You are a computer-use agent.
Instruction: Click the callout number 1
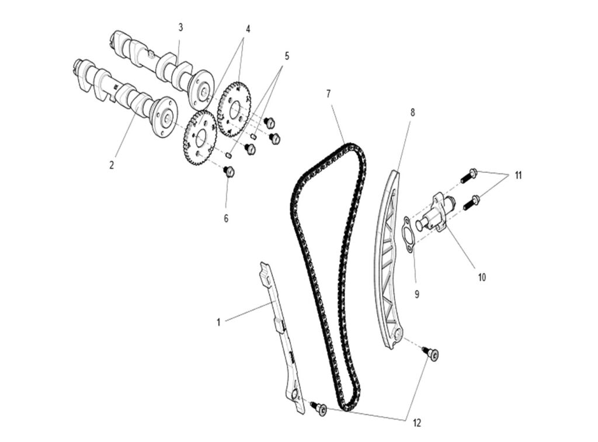[218, 323]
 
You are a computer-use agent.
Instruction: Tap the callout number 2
[112, 165]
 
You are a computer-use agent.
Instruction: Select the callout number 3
[180, 27]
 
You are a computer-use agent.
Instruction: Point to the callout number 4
[248, 29]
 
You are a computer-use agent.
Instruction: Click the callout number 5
[287, 56]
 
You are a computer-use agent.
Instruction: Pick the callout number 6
[226, 218]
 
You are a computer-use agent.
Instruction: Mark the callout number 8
[412, 113]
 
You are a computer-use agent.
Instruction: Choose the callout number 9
[417, 294]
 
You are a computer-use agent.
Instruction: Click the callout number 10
[482, 277]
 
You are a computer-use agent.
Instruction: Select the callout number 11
[517, 175]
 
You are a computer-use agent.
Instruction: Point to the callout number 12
[416, 423]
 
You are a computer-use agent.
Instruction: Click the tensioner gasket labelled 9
[408, 235]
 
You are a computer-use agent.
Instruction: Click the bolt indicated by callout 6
[229, 172]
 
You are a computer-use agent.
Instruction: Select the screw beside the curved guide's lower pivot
[430, 353]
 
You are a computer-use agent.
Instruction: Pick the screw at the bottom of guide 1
[319, 408]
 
